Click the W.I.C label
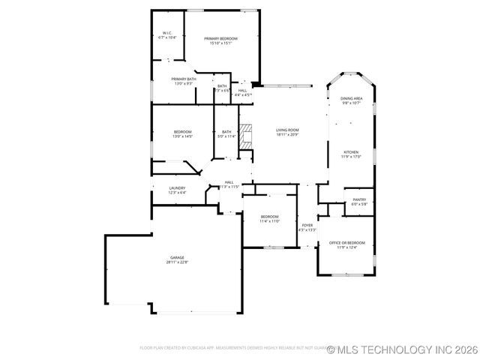click(169, 32)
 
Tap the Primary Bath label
click(184, 79)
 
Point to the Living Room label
click(288, 130)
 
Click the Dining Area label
click(352, 98)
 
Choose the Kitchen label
click(351, 151)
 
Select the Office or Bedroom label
click(347, 243)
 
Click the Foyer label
click(307, 225)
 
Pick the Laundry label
click(177, 187)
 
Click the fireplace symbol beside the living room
click(246, 136)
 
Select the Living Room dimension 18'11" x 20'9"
click(288, 135)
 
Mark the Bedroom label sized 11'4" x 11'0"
click(270, 217)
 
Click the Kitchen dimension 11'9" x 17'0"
click(351, 157)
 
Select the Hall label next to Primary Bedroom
click(242, 90)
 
